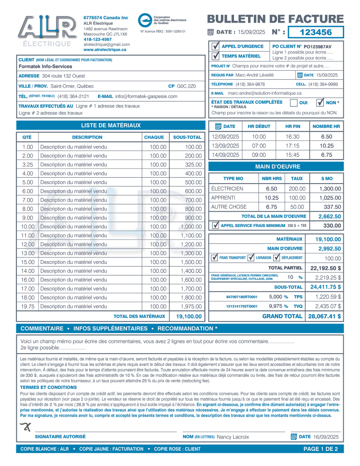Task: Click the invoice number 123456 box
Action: (x=316, y=32)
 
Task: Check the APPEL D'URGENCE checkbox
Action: (x=215, y=46)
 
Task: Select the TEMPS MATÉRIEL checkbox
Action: (x=215, y=56)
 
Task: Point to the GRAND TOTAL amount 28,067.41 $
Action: (x=325, y=316)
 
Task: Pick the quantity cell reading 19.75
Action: (x=28, y=306)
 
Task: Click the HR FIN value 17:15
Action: (x=293, y=146)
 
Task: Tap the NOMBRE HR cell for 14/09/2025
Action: (x=326, y=155)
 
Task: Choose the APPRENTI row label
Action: (x=224, y=198)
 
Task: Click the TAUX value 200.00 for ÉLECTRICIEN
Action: (x=297, y=189)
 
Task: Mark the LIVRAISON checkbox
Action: (x=251, y=257)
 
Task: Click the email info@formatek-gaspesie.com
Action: (x=147, y=96)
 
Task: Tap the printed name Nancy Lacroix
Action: (x=233, y=437)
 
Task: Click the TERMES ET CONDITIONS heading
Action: (x=49, y=388)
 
